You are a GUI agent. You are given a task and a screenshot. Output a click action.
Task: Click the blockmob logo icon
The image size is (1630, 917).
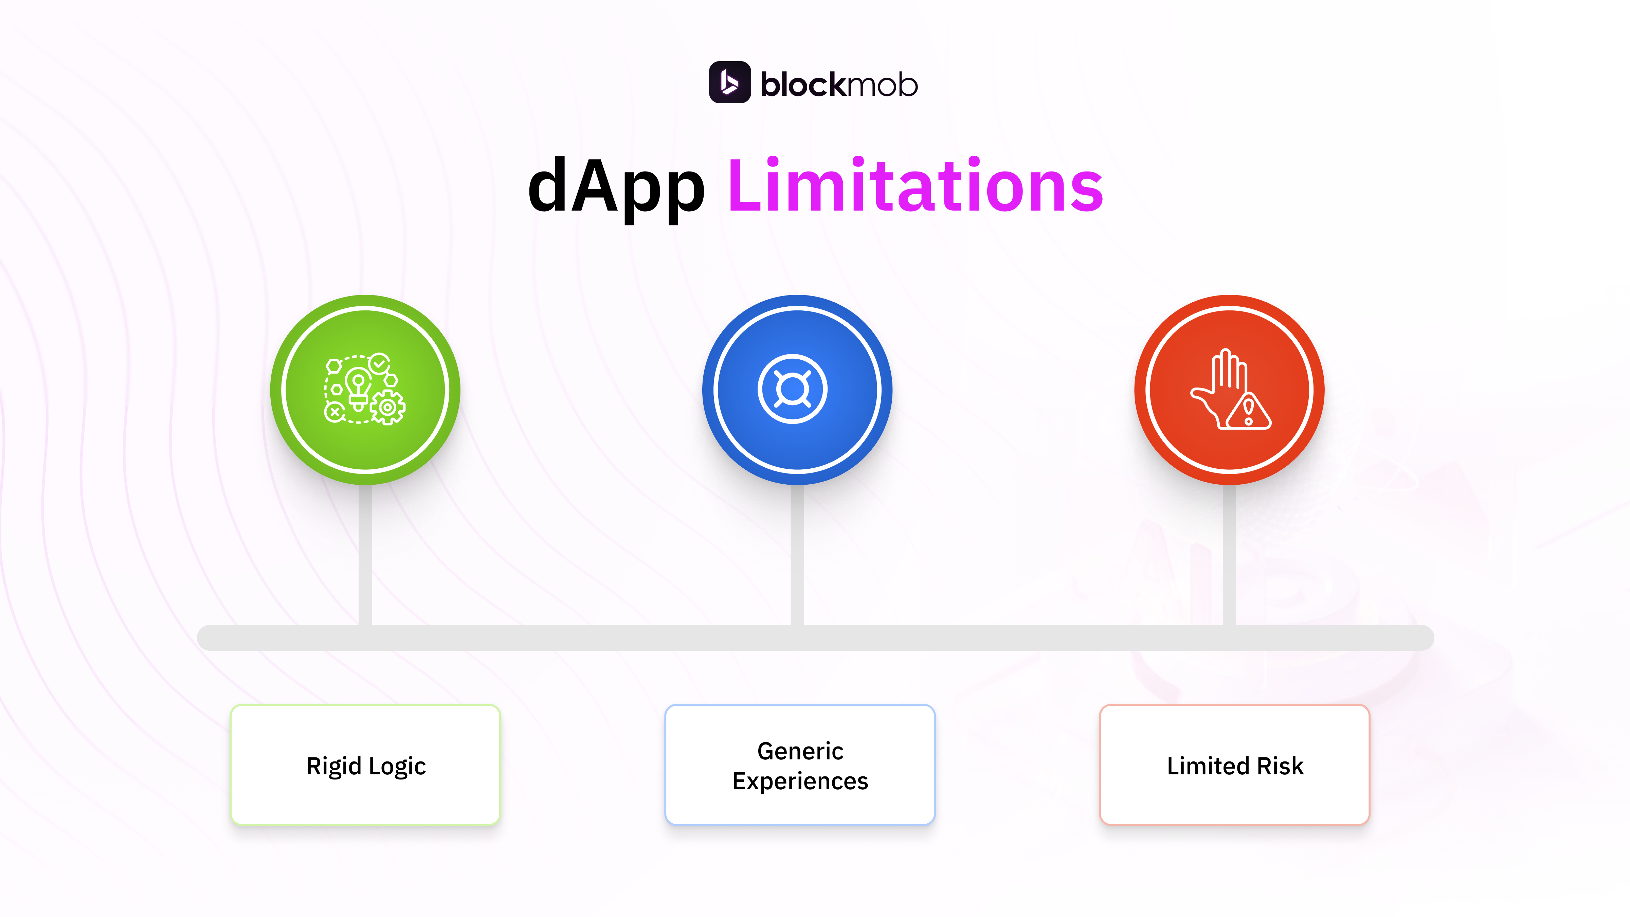(729, 82)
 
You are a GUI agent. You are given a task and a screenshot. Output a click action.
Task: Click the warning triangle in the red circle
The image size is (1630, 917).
(1248, 413)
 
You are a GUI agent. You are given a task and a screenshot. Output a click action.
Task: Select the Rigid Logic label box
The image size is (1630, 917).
(365, 765)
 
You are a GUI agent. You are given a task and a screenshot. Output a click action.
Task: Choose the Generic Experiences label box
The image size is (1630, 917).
(800, 765)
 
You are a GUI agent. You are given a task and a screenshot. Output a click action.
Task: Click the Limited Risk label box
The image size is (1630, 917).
(1234, 765)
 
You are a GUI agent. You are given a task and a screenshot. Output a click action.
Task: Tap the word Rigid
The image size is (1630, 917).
(333, 766)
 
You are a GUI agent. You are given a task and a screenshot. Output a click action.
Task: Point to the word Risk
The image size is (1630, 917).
(1280, 766)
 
